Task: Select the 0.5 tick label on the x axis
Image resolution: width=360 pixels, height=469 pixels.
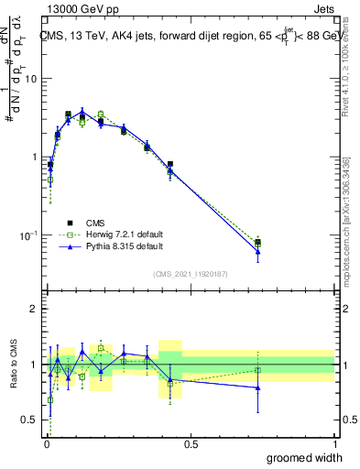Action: point(191,444)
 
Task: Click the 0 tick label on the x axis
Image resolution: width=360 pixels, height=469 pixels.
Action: point(46,444)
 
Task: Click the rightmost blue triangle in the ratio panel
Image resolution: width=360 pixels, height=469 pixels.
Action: point(258,387)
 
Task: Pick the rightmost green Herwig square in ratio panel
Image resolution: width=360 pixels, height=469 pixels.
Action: point(258,370)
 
